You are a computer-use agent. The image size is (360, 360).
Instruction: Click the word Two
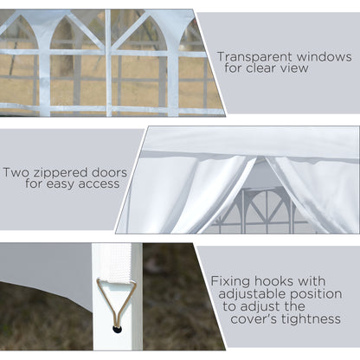16,171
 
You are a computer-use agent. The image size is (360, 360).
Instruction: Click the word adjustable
251,293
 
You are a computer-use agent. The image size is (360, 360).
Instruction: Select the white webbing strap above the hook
115,263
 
